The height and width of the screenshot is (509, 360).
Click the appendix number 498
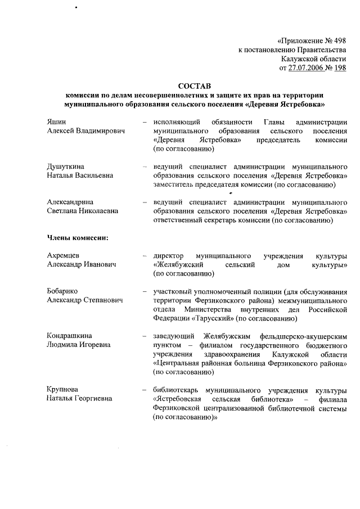339,41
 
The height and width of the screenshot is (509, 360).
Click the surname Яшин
56,122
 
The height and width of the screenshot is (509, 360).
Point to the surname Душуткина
66,167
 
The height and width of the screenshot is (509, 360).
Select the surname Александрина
71,202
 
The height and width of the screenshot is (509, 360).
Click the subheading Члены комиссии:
78,238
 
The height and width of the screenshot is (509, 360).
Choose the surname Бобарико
62,292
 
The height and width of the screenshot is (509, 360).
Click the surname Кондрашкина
70,336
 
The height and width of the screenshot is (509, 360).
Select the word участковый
173,292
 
